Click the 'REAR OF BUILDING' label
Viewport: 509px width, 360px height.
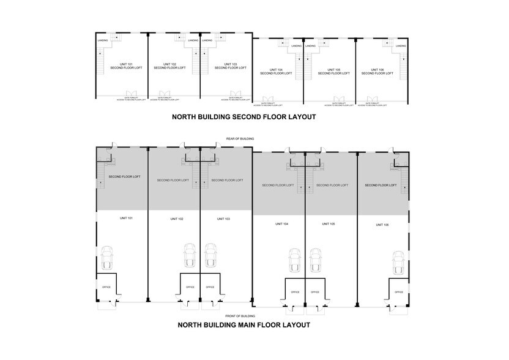(x=234, y=139)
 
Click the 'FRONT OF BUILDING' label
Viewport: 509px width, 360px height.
(x=235, y=315)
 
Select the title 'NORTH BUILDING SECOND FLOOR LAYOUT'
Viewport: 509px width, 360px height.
(x=243, y=116)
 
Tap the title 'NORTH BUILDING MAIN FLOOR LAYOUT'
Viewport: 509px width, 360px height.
(x=243, y=325)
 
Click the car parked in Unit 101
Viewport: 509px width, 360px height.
(x=108, y=257)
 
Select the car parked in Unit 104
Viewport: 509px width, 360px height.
(x=295, y=260)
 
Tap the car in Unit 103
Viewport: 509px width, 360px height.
(x=210, y=255)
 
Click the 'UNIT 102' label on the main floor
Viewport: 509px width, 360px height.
(x=175, y=219)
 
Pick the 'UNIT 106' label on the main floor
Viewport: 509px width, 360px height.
(x=382, y=225)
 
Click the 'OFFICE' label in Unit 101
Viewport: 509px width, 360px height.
(x=106, y=287)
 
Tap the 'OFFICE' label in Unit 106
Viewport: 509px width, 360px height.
(x=398, y=292)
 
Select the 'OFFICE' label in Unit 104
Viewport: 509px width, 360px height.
(x=295, y=292)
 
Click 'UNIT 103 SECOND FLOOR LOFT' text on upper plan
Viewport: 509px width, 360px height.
(x=230, y=66)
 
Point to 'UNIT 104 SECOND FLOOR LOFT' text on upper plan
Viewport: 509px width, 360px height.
(x=275, y=72)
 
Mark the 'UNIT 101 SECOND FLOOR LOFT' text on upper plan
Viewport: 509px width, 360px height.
(x=126, y=66)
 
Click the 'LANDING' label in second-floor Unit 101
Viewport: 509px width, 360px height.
(x=103, y=41)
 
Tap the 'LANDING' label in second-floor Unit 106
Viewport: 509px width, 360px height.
(x=401, y=46)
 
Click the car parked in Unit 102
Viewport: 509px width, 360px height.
(x=190, y=255)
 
